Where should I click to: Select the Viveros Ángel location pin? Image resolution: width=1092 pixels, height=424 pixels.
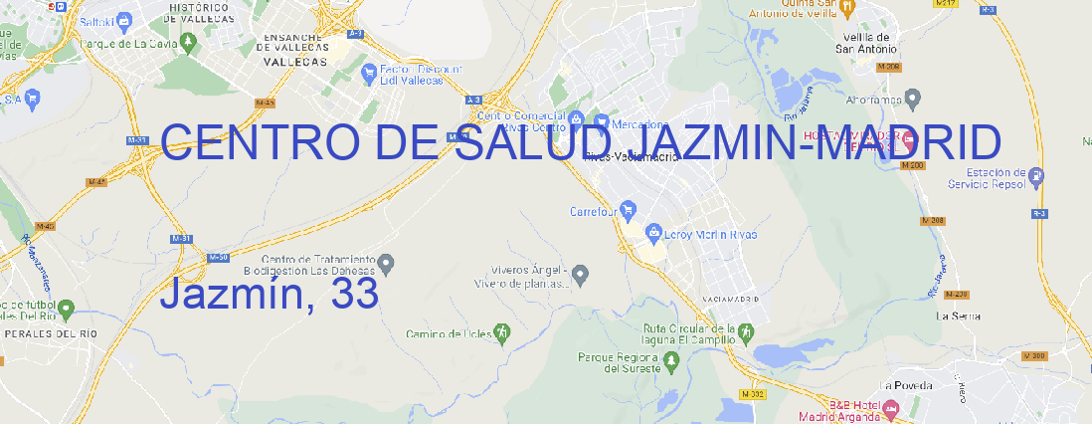coord(582,273)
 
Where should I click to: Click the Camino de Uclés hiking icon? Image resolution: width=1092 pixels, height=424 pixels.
coord(503,330)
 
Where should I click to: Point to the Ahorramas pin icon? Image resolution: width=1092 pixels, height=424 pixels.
coord(914,98)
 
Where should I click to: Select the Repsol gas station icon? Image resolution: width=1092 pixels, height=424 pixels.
coord(1036,178)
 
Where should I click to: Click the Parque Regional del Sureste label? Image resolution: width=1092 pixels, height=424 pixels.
coord(619,361)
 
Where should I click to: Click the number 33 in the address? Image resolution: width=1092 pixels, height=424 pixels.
coord(355,293)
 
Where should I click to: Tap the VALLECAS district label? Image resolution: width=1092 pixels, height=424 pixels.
coord(294,61)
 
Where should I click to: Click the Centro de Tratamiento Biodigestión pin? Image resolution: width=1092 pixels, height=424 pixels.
coord(387,264)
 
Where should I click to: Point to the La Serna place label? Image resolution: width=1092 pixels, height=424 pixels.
coord(959,316)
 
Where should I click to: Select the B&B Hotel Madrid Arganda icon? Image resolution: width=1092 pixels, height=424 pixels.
coord(891,408)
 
